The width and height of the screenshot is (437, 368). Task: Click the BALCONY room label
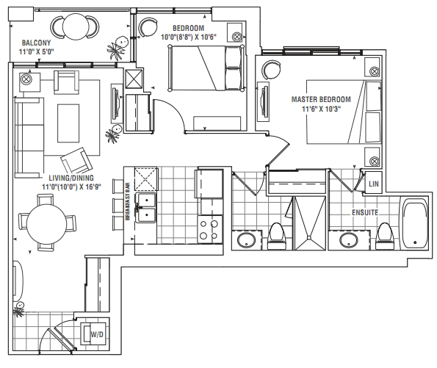[x=36, y=43]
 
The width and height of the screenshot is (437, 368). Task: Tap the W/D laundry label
[x=97, y=334]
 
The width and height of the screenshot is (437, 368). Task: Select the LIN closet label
[x=374, y=184]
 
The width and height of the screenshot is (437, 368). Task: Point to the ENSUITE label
[x=365, y=213]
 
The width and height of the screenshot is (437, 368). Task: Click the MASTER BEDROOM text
[x=321, y=99]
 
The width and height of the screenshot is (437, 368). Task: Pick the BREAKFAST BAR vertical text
[x=128, y=201]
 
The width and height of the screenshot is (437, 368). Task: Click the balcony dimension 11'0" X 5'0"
[x=36, y=51]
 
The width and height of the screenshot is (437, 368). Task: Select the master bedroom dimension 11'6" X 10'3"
[x=321, y=109]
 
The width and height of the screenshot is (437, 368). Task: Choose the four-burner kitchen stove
[x=210, y=229]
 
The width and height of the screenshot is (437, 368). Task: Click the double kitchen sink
[x=145, y=207]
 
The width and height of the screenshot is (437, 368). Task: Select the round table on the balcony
[x=76, y=26]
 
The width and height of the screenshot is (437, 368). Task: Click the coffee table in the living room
[x=68, y=123]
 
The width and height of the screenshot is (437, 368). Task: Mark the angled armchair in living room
[x=76, y=160]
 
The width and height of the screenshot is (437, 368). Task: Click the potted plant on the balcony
[x=117, y=48]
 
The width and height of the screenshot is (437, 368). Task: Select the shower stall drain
[x=309, y=237]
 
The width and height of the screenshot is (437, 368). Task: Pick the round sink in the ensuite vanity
[x=349, y=240]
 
